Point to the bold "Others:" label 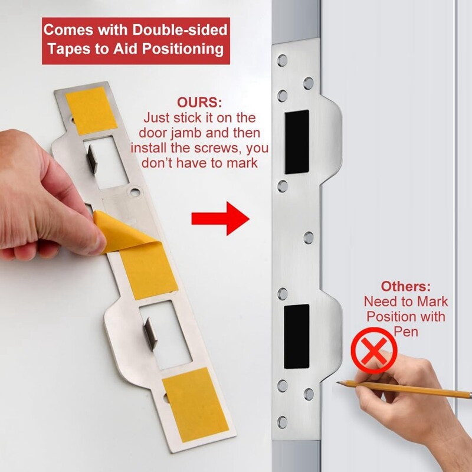[405, 286]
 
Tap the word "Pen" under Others [405, 332]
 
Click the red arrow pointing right [220, 219]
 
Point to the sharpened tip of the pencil [339, 383]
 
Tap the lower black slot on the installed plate [297, 335]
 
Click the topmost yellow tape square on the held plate [91, 110]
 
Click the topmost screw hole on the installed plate [282, 60]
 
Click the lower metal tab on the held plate [150, 333]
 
